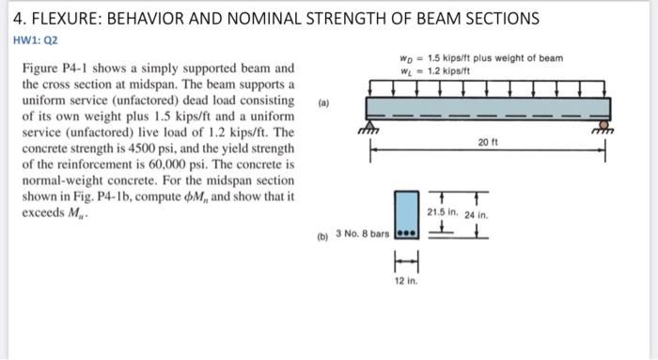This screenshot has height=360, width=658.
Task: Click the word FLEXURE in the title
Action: coord(64,19)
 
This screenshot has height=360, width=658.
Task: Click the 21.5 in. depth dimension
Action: coord(442,211)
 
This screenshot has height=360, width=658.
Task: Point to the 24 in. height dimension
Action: coord(478,214)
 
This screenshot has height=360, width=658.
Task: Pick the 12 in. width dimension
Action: coord(404,280)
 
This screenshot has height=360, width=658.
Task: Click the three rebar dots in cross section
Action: coord(405,232)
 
